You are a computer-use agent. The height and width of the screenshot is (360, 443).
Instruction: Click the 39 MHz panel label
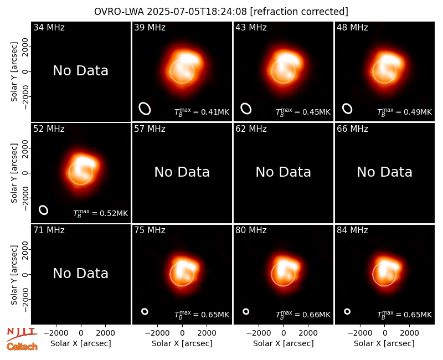click(150, 27)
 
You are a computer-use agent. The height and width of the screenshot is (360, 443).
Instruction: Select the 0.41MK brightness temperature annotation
click(202, 112)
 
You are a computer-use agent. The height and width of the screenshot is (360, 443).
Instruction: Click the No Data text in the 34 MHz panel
click(80, 71)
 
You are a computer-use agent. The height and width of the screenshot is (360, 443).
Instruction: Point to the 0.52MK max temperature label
click(100, 213)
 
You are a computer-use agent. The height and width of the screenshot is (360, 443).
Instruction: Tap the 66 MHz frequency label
click(352, 129)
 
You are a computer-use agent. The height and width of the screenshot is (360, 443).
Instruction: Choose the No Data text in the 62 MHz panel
click(283, 172)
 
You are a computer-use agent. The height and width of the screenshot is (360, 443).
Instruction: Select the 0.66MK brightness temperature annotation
click(303, 314)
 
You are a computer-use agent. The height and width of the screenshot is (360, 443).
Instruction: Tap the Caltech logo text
click(22, 347)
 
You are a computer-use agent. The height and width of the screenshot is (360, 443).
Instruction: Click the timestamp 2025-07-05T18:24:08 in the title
click(197, 12)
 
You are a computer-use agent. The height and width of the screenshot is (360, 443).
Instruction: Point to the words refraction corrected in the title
click(299, 12)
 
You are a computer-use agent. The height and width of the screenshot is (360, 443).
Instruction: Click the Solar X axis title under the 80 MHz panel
click(283, 343)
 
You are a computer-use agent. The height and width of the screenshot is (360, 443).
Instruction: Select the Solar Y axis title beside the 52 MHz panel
click(14, 173)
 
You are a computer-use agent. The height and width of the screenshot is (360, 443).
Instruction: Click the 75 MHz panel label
click(150, 230)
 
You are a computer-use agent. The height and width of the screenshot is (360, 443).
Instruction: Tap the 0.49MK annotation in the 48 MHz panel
click(404, 112)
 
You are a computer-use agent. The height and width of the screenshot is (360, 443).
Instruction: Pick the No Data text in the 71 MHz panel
click(80, 274)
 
